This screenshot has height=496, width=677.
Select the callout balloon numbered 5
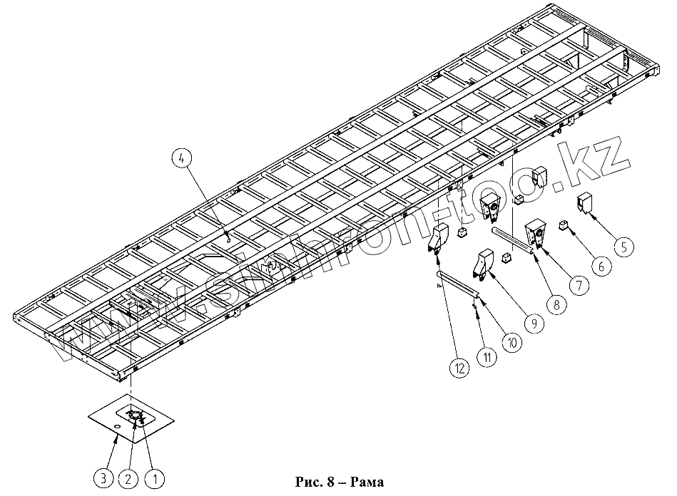click(623, 247)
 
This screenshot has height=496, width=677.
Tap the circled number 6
click(600, 266)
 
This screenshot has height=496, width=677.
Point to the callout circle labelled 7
click(578, 285)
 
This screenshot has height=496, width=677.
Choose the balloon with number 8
click(555, 304)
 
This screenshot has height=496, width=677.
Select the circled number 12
click(459, 368)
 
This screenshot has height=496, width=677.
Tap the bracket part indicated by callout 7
click(536, 234)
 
